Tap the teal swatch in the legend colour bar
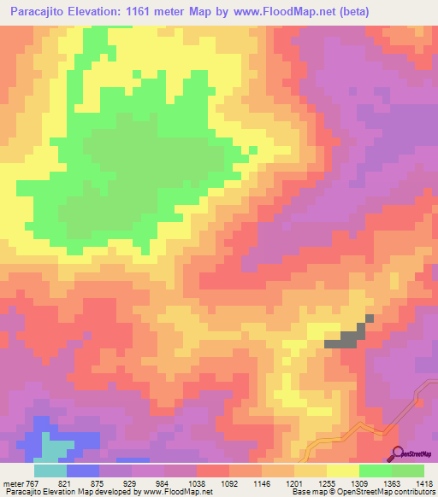tap(50, 471)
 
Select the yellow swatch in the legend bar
tap(343, 471)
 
